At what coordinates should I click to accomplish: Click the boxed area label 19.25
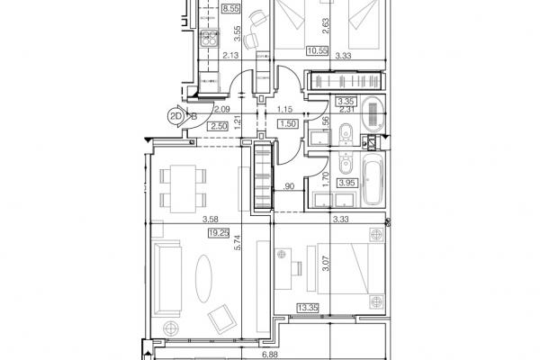(219, 233)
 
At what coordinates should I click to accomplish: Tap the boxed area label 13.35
(308, 307)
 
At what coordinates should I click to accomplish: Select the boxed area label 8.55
(230, 8)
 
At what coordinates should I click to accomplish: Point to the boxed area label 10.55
(317, 51)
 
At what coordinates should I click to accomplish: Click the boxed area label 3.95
(346, 183)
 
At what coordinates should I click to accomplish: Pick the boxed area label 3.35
(346, 102)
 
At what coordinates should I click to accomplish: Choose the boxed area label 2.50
(219, 126)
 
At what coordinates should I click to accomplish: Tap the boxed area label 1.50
(288, 123)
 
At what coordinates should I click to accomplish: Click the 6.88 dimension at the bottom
(270, 354)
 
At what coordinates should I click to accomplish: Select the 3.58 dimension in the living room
(210, 219)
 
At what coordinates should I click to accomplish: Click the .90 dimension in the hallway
(289, 186)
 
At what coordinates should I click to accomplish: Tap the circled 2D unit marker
(175, 116)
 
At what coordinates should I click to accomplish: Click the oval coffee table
(204, 279)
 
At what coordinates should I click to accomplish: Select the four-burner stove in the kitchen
(210, 38)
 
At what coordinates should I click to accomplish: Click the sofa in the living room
(167, 279)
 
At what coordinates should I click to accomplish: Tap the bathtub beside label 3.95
(372, 180)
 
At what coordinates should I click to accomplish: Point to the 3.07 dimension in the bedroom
(326, 263)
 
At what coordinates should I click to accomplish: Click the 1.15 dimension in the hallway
(284, 109)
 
